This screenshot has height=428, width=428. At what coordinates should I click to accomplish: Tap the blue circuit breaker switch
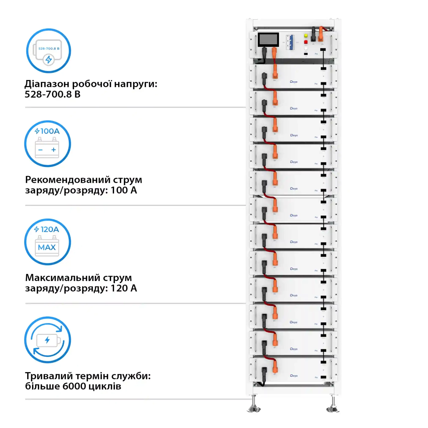click(291, 42)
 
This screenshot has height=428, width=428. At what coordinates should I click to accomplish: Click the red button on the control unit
click(306, 42)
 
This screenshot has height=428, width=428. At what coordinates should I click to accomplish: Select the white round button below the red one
click(306, 48)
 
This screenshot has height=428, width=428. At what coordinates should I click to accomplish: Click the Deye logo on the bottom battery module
click(293, 375)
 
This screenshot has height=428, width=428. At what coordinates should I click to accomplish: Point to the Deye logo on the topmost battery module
click(293, 82)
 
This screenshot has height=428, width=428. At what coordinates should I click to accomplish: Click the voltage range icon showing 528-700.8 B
click(48, 51)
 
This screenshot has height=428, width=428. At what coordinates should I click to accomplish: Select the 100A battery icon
click(47, 144)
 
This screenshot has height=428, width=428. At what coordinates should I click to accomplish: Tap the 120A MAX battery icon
click(47, 242)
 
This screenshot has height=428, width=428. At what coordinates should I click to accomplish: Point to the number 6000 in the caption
click(74, 386)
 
